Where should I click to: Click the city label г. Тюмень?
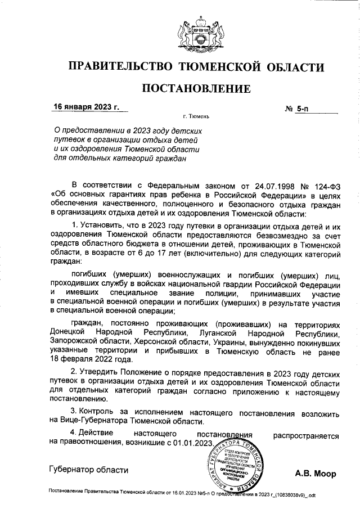pos(196,117)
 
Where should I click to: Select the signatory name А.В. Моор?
pos(316,474)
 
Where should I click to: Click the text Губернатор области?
pos(88,469)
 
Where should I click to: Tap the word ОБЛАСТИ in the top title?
pos(296,67)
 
